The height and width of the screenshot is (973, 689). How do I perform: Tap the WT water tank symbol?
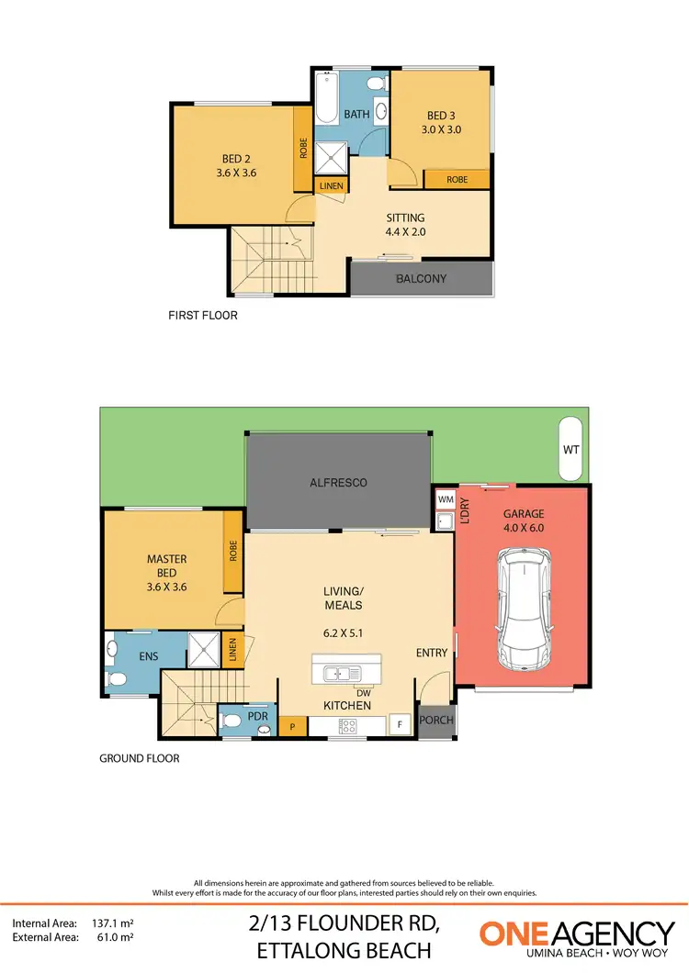[570, 450]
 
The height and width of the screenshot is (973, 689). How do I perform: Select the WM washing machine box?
[446, 499]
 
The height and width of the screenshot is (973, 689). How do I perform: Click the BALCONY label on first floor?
[421, 278]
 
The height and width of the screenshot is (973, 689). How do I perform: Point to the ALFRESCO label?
[338, 482]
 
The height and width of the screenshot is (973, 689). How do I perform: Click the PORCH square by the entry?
[436, 720]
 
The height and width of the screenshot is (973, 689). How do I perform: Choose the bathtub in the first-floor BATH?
[326, 101]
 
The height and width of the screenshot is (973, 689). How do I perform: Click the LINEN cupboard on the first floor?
[331, 185]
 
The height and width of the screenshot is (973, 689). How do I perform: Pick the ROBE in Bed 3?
[457, 180]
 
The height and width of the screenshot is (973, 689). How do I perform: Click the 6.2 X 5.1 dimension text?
[342, 633]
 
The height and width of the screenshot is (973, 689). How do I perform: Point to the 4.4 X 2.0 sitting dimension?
[405, 232]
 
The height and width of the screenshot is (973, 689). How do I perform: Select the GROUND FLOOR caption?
[139, 759]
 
